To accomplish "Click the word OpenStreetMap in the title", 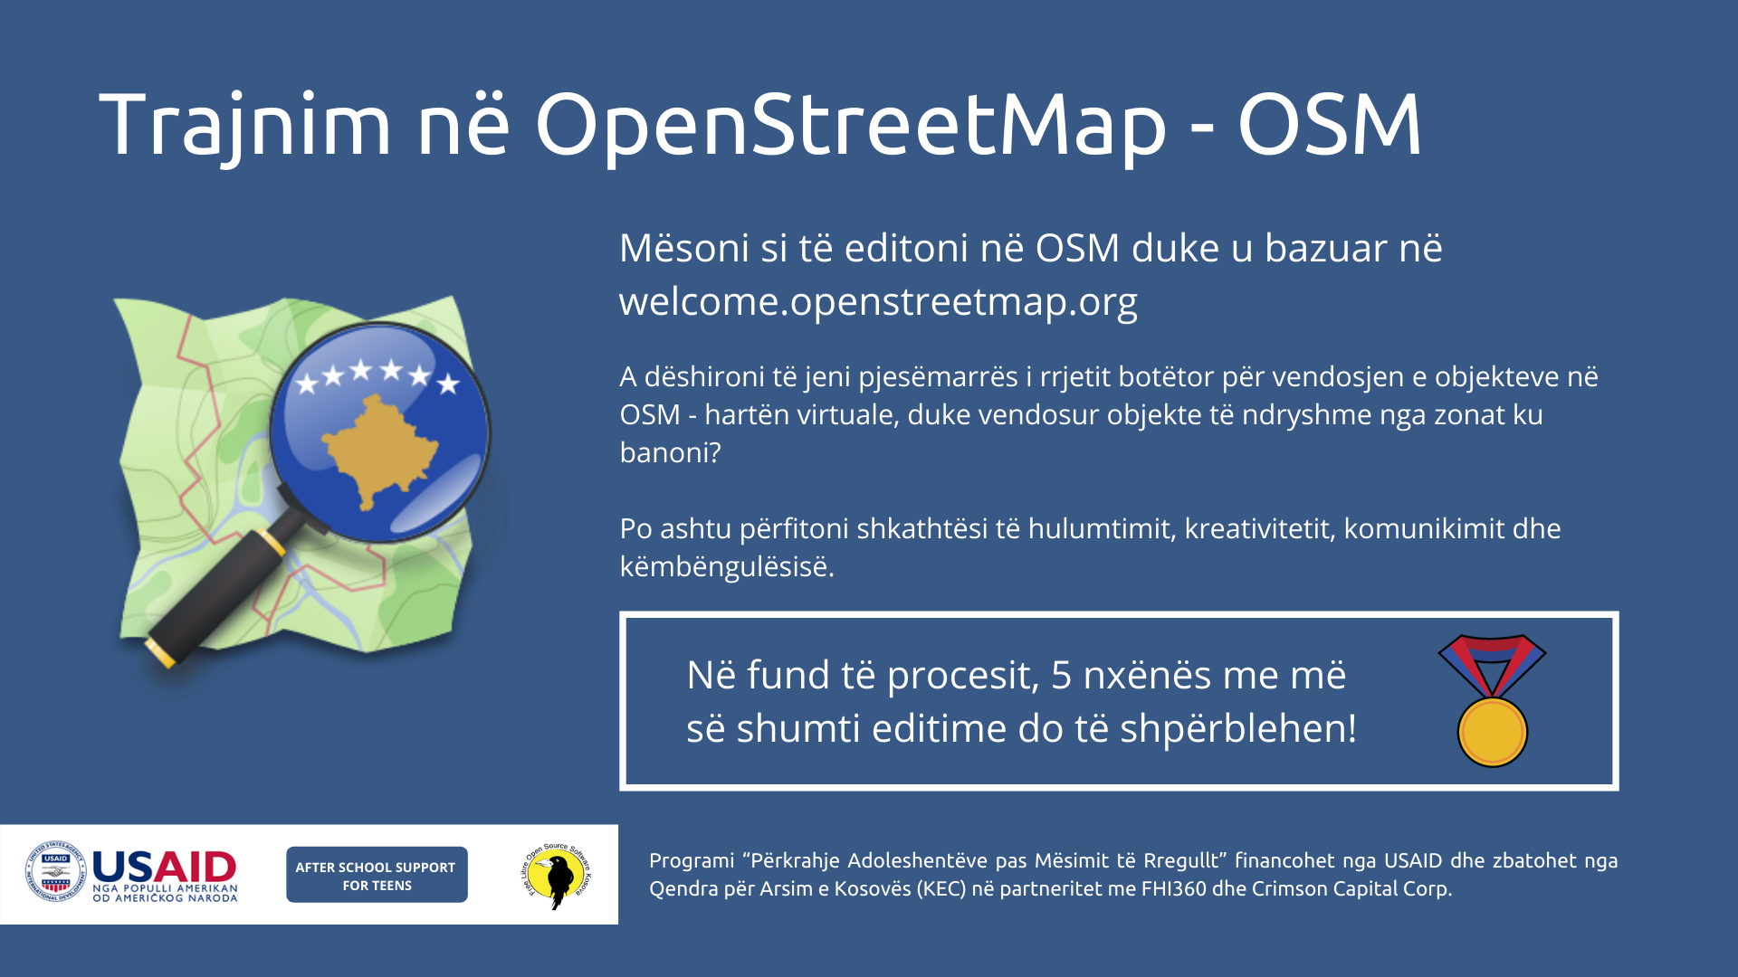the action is coord(851,127).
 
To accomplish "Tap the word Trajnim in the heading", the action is coord(244,127).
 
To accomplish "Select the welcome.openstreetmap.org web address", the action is coord(878,302).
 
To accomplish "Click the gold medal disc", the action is coord(1493,732).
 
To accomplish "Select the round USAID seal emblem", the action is coord(55,872).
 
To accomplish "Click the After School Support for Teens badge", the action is coord(377,875).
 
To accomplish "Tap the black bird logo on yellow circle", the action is coord(556,877).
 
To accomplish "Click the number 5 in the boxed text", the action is coord(1061,676).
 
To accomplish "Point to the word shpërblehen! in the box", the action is coord(1238,729).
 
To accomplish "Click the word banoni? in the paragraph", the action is coord(670,452).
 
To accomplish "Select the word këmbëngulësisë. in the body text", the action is coord(727,567).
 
